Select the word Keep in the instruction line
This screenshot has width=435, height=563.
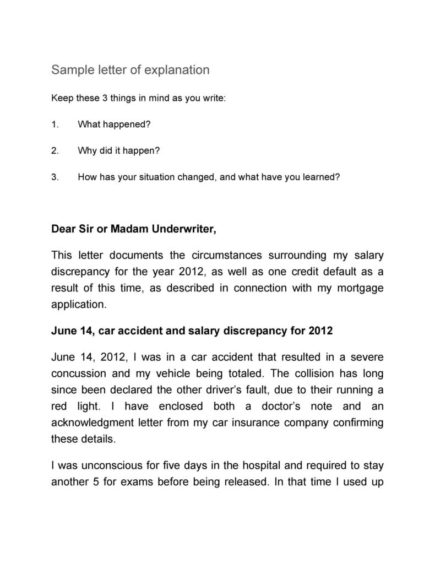click(61, 99)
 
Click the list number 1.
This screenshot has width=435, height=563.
click(55, 124)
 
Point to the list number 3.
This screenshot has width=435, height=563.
click(55, 177)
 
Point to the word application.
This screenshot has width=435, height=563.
click(78, 304)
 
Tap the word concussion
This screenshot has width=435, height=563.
click(78, 373)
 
